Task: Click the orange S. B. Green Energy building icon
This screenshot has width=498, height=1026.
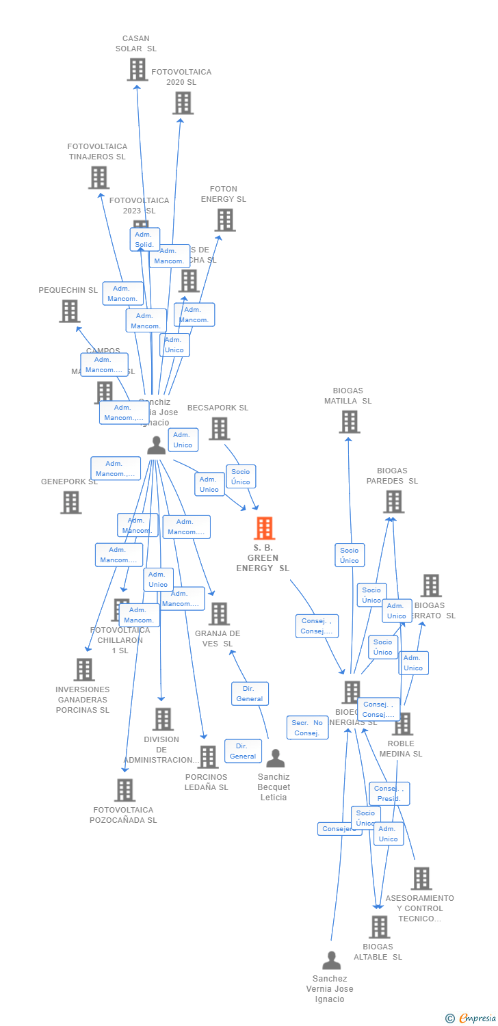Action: [x=264, y=529]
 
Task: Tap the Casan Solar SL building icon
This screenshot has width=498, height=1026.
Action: [x=137, y=70]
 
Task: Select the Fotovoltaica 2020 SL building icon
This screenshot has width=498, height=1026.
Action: [x=183, y=103]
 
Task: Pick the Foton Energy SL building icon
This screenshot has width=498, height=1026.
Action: [x=225, y=220]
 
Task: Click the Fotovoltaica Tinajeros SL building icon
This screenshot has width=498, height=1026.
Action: [x=99, y=178]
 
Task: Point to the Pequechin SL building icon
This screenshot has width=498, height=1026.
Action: [x=69, y=311]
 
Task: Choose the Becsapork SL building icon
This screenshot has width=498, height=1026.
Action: [x=219, y=429]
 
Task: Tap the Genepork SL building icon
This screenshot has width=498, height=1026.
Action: [x=70, y=503]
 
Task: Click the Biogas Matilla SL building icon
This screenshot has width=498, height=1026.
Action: [x=349, y=422]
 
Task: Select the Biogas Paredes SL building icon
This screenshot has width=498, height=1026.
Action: [x=393, y=502]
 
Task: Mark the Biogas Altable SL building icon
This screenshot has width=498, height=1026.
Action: [x=378, y=928]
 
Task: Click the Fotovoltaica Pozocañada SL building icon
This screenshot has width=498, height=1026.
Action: [x=124, y=790]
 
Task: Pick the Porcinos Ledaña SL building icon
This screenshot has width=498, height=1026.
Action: [x=207, y=757]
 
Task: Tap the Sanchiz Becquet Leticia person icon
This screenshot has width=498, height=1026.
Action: [x=275, y=759]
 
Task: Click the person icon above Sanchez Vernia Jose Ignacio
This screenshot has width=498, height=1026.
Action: [x=331, y=960]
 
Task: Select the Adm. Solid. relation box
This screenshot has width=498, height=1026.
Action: [x=144, y=239]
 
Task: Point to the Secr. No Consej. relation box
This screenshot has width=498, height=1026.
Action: [x=307, y=728]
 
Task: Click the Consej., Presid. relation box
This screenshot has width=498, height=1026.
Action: [x=389, y=793]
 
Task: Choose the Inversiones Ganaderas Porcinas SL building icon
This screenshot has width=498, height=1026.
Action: [x=84, y=670]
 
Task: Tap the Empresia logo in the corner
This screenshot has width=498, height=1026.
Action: [x=471, y=1018]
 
